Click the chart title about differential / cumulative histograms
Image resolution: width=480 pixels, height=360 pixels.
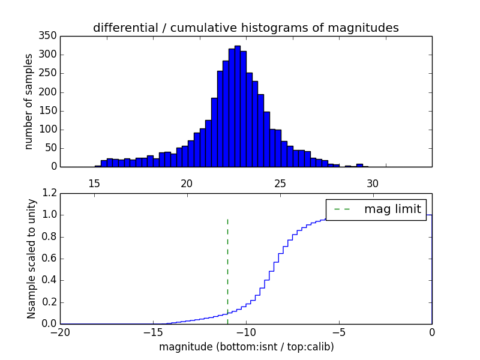point(245,28)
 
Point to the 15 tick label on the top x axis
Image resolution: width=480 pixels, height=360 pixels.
point(94,184)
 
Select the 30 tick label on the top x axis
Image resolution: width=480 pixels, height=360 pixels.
point(373,184)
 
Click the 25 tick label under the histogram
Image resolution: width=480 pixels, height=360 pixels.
point(280,184)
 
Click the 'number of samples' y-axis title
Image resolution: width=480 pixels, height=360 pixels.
point(28,101)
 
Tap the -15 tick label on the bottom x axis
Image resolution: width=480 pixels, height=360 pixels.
point(153,331)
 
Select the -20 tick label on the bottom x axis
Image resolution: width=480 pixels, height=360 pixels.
point(60,331)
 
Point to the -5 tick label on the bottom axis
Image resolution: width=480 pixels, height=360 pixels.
point(339,331)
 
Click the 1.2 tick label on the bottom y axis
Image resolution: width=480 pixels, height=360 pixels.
point(49,193)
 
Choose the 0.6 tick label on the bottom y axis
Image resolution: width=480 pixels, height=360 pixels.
point(49,259)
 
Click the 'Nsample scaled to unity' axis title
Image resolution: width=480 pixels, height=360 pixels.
point(31,259)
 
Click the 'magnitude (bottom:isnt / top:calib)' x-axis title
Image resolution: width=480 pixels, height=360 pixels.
point(246,347)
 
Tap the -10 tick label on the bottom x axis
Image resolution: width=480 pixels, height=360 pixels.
point(246,331)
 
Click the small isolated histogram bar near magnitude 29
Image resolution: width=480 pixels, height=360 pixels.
point(359,165)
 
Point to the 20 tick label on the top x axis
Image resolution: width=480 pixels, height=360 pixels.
point(187,184)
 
